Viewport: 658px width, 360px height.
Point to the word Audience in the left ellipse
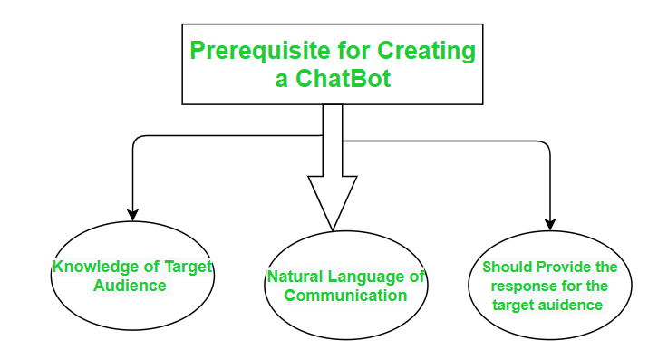click(x=131, y=285)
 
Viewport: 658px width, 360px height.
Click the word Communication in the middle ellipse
click(x=345, y=295)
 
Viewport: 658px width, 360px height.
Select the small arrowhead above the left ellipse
click(x=133, y=215)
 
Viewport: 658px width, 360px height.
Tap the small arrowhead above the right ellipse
click(x=549, y=224)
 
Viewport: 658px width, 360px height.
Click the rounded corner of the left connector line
click(x=138, y=140)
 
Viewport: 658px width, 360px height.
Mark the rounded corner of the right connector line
click(x=546, y=145)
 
